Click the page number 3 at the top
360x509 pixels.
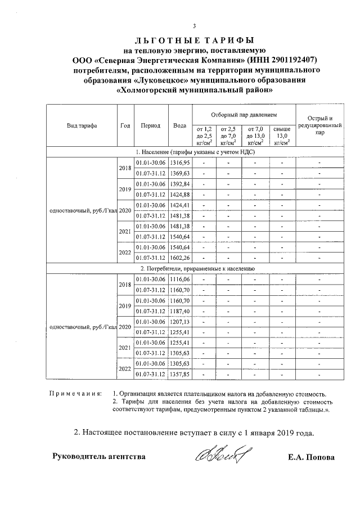[194, 25]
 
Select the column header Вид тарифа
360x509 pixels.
[82, 126]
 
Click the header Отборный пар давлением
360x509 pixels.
[244, 114]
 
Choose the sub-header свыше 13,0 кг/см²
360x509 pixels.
[282, 136]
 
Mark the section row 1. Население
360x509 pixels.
[194, 152]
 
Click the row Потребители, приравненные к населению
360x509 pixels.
[194, 269]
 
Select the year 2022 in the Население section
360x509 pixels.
[125, 253]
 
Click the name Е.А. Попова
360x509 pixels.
[310, 457]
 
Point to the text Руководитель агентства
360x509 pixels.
[98, 457]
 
